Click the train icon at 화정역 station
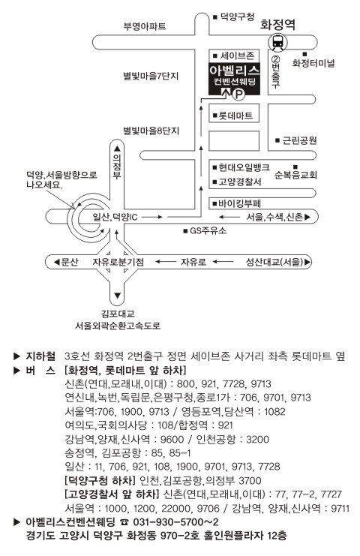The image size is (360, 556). (277, 42)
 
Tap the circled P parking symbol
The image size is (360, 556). (239, 94)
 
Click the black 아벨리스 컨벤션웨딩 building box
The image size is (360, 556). (234, 79)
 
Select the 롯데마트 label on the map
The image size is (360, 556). (235, 116)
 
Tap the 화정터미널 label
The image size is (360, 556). (313, 64)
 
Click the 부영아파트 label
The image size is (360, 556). (145, 26)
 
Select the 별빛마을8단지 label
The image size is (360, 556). (151, 131)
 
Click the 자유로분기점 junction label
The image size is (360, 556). (118, 262)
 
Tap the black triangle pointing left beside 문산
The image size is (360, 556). (57, 262)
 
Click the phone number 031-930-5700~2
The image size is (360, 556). (175, 522)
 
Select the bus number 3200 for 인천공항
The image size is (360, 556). (257, 440)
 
